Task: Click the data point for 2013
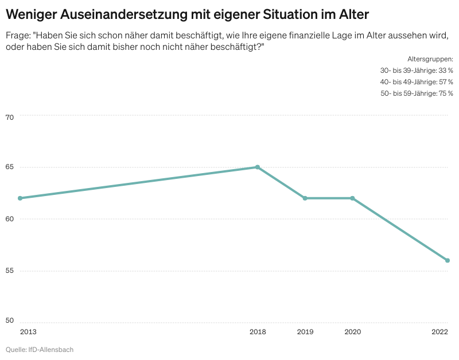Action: (x=20, y=198)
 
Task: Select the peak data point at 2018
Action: (x=258, y=167)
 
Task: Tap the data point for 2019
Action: (x=305, y=198)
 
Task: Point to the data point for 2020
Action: (x=352, y=198)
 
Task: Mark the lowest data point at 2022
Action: (x=447, y=260)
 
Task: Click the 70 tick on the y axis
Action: (x=9, y=118)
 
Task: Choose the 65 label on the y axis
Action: (x=9, y=168)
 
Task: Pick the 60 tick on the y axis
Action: (x=9, y=219)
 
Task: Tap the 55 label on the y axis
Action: (x=9, y=270)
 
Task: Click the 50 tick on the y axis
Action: (x=9, y=320)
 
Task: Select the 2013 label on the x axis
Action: (x=28, y=332)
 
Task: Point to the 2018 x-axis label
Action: (x=258, y=332)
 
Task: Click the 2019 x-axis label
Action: (x=305, y=332)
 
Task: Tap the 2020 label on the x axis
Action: (x=352, y=332)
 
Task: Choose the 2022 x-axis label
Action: (x=440, y=332)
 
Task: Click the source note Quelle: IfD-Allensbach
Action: (x=40, y=350)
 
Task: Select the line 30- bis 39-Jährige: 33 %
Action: (x=417, y=71)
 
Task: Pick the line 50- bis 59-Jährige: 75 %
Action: (x=417, y=93)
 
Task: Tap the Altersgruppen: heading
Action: (x=430, y=59)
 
